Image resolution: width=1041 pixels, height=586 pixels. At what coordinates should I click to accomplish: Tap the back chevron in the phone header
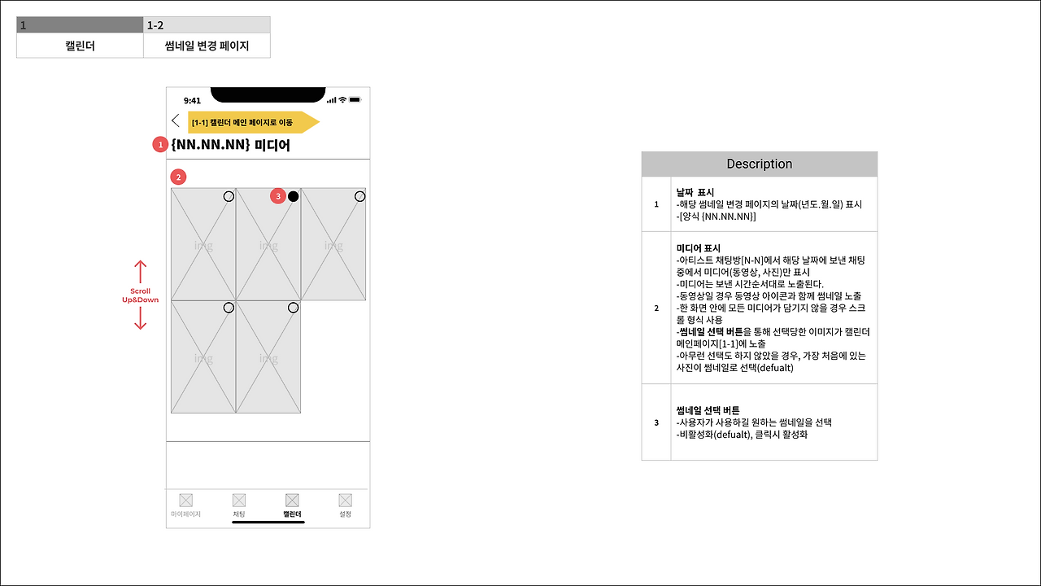tap(175, 120)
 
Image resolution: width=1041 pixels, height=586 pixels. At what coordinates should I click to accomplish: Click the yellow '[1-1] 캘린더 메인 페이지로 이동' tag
tap(253, 122)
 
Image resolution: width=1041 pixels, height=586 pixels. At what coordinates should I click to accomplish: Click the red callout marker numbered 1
tap(160, 145)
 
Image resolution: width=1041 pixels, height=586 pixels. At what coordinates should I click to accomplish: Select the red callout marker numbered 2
tap(178, 177)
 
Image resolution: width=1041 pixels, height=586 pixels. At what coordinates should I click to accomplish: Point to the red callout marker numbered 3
tap(278, 196)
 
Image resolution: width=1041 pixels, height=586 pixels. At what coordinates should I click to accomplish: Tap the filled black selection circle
tap(294, 196)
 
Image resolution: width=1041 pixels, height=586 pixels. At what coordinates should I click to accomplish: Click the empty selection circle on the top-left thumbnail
tap(229, 196)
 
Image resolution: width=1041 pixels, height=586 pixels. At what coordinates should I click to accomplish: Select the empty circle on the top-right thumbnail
tap(359, 196)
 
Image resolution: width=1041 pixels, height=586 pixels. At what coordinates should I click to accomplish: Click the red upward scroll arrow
tap(141, 272)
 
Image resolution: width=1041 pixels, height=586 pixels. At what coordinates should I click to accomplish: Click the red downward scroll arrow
tap(141, 318)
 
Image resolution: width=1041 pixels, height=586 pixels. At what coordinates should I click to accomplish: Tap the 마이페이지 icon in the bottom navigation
tap(186, 500)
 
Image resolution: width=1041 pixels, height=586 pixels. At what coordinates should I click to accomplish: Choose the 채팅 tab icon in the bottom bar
tap(239, 500)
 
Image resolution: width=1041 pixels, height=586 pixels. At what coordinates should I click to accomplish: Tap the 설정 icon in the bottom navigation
tap(346, 500)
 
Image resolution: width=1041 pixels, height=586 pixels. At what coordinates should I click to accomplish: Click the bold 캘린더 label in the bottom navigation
tap(292, 514)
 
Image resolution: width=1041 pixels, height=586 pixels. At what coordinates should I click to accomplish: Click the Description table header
tap(760, 164)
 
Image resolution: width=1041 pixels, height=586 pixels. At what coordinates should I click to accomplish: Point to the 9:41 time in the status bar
tap(192, 100)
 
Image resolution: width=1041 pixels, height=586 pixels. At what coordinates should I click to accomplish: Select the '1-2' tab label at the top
tap(155, 25)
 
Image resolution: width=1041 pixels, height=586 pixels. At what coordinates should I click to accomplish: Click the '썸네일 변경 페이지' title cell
tap(207, 46)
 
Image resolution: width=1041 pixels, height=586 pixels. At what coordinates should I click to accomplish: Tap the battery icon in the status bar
tap(355, 99)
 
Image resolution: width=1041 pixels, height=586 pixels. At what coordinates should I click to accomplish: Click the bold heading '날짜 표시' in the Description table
tap(695, 192)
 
